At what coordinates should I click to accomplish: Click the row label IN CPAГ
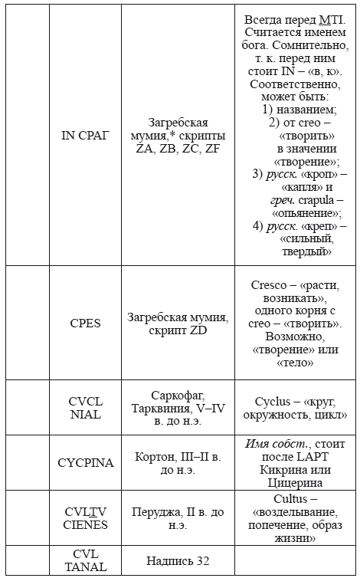pos(85,136)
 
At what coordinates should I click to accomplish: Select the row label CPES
pos(85,323)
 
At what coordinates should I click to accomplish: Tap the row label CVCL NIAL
pos(85,408)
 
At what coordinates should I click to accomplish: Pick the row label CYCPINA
pos(85,462)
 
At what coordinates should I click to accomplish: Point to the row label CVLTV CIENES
pos(85,517)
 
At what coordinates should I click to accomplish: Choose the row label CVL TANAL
pos(85,560)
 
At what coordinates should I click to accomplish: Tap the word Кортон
pos(156,456)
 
